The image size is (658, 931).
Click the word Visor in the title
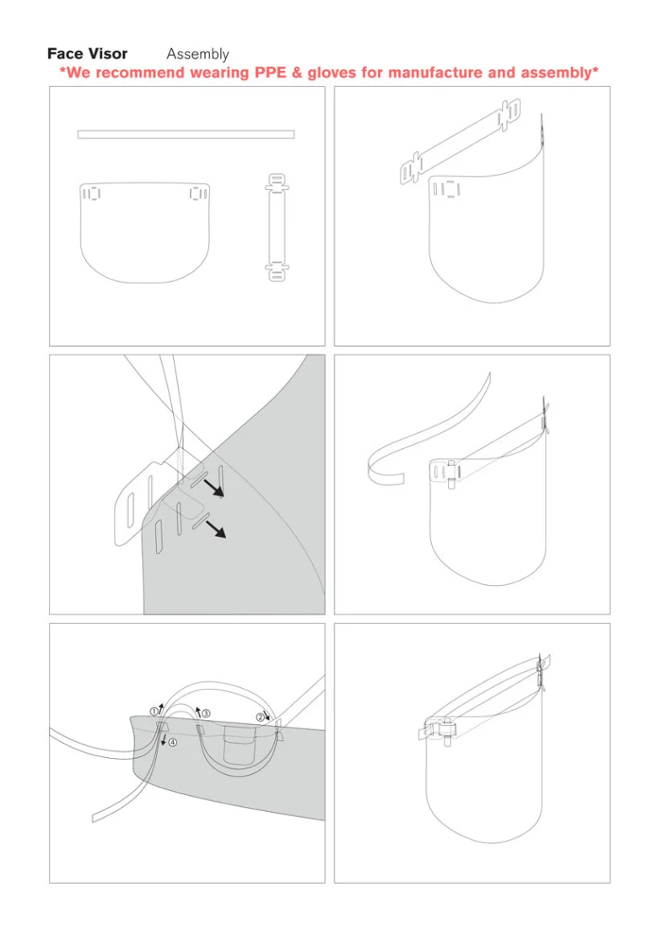point(106,54)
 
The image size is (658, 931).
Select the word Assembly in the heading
point(197,54)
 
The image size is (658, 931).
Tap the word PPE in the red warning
point(273,73)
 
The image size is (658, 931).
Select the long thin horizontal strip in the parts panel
point(186,134)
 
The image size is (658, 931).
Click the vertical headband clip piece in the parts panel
point(276,227)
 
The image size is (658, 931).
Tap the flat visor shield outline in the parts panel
point(144,241)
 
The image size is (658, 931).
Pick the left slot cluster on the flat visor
point(91,194)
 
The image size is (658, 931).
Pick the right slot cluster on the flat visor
point(197,194)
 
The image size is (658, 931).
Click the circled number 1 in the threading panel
point(154,712)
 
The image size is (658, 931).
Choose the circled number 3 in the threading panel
point(206,713)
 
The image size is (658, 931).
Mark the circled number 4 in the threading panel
point(172,743)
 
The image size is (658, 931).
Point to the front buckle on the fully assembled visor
point(443,728)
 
